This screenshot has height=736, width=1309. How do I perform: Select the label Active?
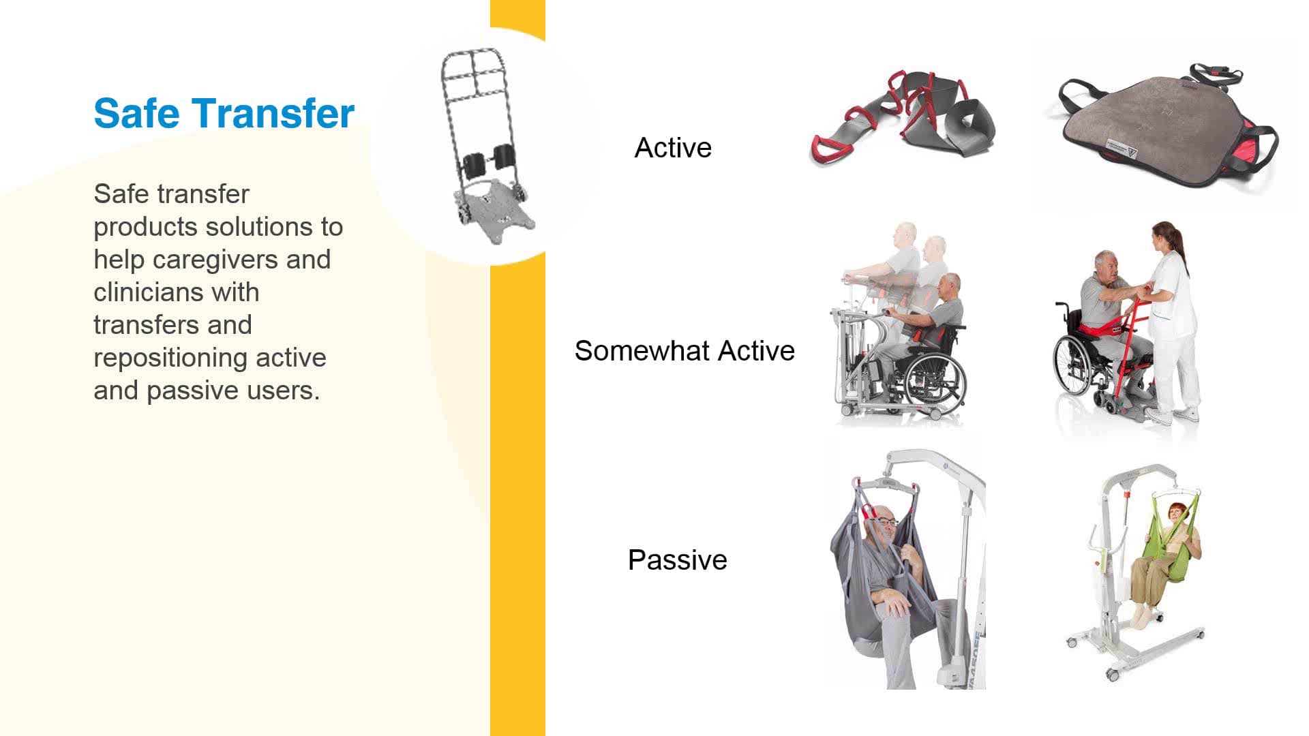pyautogui.click(x=673, y=148)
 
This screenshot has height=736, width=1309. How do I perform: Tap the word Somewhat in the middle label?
pyautogui.click(x=641, y=351)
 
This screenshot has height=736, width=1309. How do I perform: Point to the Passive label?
pyautogui.click(x=677, y=560)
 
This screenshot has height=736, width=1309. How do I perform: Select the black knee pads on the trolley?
pyautogui.click(x=490, y=160)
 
